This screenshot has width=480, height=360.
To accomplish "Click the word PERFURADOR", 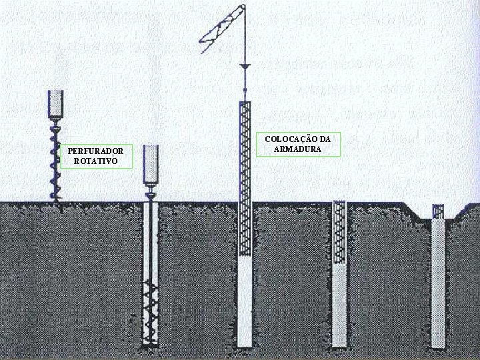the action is point(95,151).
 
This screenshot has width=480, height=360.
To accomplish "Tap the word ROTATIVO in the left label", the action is point(95,161).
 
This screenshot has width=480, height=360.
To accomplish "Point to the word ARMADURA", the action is point(297,149).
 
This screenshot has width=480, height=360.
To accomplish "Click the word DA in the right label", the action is point(325,139).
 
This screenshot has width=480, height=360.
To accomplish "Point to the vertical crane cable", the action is point(245,40).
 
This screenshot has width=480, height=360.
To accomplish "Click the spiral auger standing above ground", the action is point(55,160).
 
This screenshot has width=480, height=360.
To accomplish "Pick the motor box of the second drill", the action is point(151,165).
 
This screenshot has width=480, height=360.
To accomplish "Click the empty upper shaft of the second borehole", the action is point(151,240).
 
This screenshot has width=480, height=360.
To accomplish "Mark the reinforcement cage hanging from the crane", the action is point(245,177).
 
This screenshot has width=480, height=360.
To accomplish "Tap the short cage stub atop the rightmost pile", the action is point(438,212).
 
